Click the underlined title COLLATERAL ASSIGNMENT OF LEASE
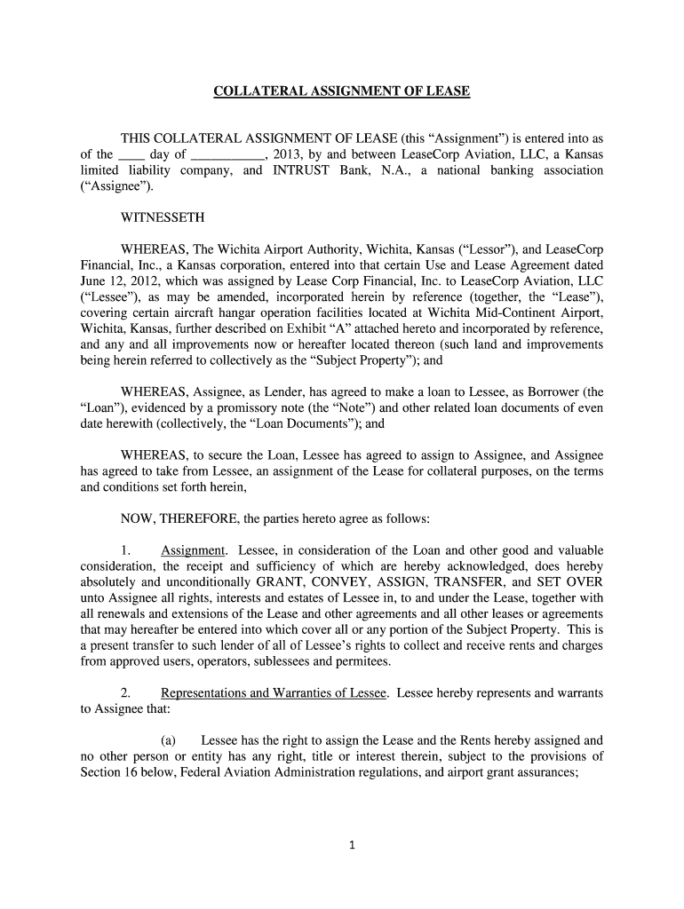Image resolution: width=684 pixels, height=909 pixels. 342,91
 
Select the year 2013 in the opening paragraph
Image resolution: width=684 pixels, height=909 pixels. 279,154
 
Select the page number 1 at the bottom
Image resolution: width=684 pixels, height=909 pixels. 353,845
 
